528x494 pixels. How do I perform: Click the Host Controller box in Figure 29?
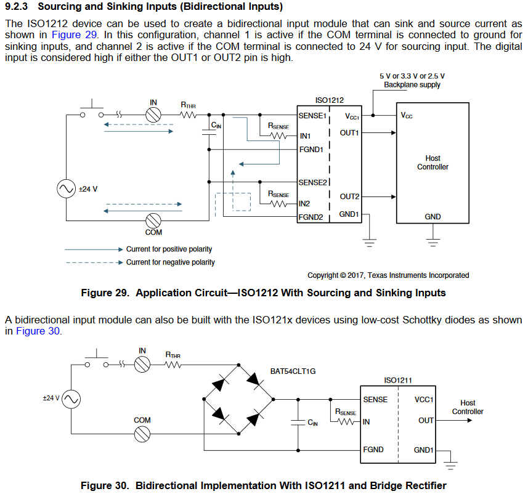tap(433, 163)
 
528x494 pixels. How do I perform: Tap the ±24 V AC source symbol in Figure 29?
tap(67, 189)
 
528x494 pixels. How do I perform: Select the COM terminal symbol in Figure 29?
tap(153, 220)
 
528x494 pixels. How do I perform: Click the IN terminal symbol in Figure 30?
tap(142, 365)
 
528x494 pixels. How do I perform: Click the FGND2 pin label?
tap(311, 217)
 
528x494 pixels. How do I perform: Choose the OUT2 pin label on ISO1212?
tap(349, 196)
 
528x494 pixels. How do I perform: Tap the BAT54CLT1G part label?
tap(293, 371)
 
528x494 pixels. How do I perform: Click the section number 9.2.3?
tap(18, 7)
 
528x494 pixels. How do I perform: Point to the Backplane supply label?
tap(412, 84)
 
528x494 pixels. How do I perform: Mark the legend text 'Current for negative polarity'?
tap(171, 262)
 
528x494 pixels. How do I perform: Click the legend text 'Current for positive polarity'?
tap(169, 249)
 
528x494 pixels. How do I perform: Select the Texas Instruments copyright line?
tap(388, 275)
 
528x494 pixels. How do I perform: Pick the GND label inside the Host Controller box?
tap(433, 217)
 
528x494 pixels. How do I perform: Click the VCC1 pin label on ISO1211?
tap(424, 400)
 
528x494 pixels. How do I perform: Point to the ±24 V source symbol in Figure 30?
tap(71, 399)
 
